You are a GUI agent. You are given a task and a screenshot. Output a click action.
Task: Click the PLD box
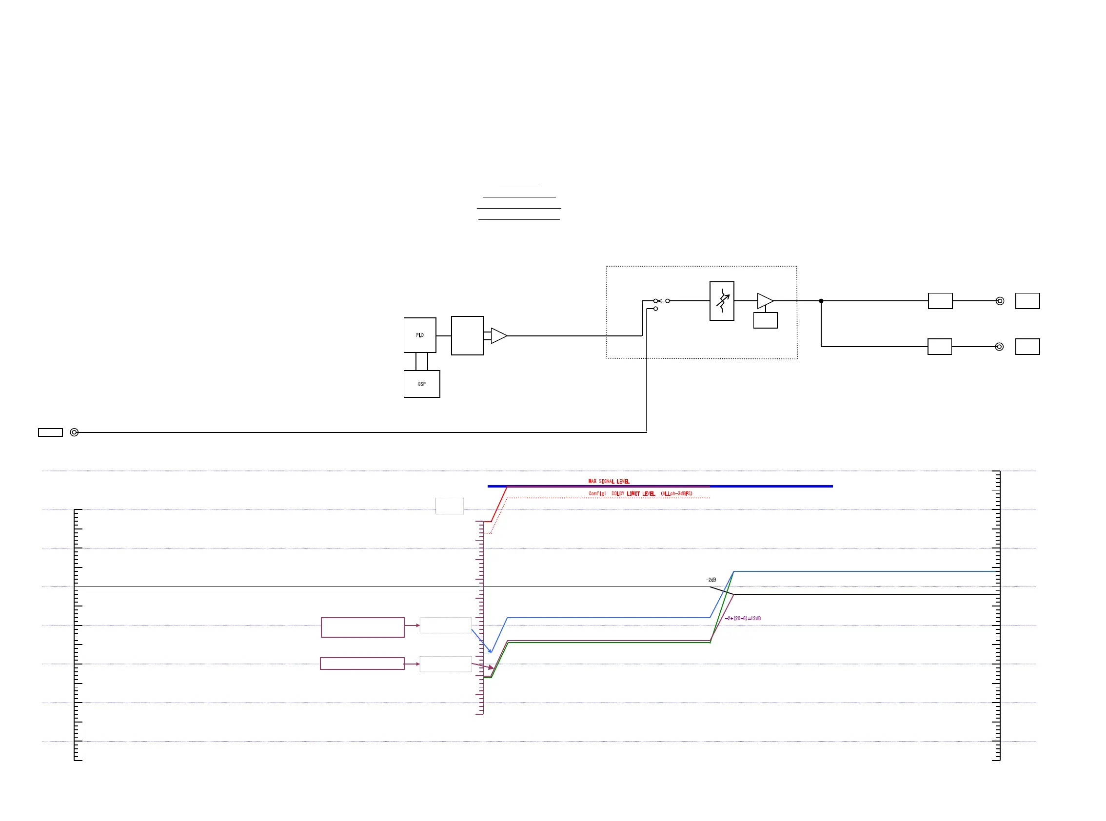pyautogui.click(x=419, y=335)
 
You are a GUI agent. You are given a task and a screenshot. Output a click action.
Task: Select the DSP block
pyautogui.click(x=421, y=384)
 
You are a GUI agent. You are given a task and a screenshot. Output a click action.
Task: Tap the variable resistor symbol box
pyautogui.click(x=721, y=301)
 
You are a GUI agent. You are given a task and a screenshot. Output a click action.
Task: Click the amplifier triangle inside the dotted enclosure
pyautogui.click(x=764, y=301)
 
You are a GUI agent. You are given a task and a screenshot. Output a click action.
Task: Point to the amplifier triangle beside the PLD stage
pyautogui.click(x=498, y=335)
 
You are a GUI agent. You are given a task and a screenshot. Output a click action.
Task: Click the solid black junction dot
pyautogui.click(x=821, y=301)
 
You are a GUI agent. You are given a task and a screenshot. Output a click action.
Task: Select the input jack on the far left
pyautogui.click(x=74, y=432)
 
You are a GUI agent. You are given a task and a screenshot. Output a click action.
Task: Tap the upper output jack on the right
pyautogui.click(x=1000, y=301)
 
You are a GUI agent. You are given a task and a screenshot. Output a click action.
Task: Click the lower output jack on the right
pyautogui.click(x=999, y=347)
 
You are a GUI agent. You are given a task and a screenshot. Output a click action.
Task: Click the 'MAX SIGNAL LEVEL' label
pyautogui.click(x=609, y=481)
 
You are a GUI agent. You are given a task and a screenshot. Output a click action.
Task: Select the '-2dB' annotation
pyautogui.click(x=711, y=580)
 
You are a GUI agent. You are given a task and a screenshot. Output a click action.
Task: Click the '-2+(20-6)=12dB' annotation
pyautogui.click(x=743, y=618)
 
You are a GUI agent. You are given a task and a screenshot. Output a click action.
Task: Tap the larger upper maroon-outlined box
pyautogui.click(x=362, y=627)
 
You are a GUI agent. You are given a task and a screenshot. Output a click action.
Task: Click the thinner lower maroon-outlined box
pyautogui.click(x=362, y=664)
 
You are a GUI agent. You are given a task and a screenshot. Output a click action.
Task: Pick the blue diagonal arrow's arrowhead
pyautogui.click(x=490, y=651)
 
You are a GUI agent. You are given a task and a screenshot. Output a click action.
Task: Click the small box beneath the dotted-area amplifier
pyautogui.click(x=765, y=320)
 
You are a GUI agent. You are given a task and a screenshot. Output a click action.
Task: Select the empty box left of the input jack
pyautogui.click(x=50, y=432)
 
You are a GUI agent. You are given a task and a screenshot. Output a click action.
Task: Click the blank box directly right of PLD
pyautogui.click(x=467, y=335)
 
